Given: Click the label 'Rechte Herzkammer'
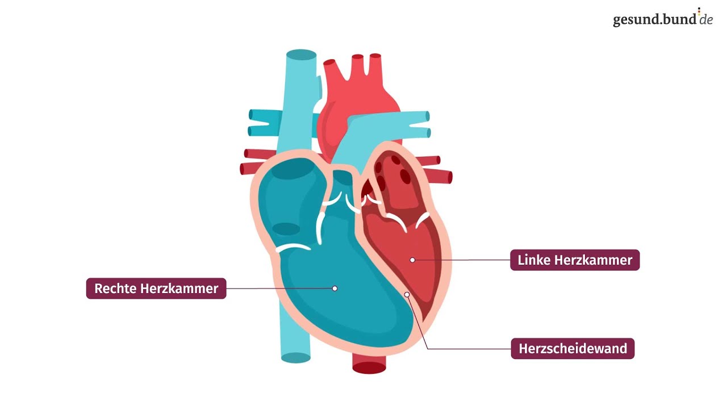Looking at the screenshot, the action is (x=156, y=288).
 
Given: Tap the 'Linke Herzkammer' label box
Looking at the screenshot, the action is (x=575, y=260).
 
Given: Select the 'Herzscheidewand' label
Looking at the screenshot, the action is (x=573, y=349).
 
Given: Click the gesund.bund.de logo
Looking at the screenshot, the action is (x=663, y=18).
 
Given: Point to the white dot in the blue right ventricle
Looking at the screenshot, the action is (x=335, y=288).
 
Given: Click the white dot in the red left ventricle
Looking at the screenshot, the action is (x=412, y=260).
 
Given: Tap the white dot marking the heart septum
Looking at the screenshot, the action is (x=407, y=294).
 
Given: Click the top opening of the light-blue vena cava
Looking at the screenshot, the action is (x=301, y=55).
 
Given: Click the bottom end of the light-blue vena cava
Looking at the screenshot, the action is (x=296, y=358).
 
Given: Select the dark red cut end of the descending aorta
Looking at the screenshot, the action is (x=369, y=368).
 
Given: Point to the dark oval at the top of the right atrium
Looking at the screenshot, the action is (x=292, y=169).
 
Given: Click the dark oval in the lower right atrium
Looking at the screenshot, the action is (x=286, y=229).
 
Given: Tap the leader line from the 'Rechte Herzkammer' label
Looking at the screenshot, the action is (x=281, y=288).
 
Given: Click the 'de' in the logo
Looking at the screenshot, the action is (x=706, y=19).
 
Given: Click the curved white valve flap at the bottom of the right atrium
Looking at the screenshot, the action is (x=293, y=247).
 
